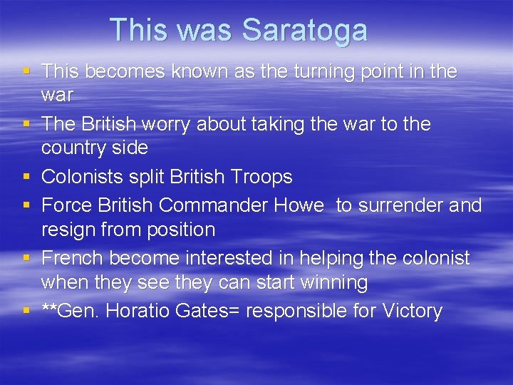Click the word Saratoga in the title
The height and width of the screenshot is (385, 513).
[x=304, y=30]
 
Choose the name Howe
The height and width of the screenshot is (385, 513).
[x=302, y=205]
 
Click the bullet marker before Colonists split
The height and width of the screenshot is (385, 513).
[x=26, y=177]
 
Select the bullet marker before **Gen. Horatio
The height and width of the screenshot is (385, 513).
[x=26, y=311]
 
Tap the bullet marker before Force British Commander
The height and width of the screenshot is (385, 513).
[x=26, y=205]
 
